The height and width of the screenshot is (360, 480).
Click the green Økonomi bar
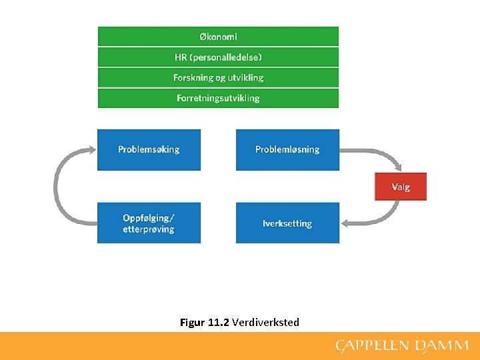coord(218,37)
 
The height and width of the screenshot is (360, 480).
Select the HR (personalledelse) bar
coord(218,57)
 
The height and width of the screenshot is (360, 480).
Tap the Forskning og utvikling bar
coord(218,77)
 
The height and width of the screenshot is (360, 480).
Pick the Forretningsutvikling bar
coord(218,98)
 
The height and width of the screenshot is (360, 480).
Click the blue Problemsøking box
coord(149,149)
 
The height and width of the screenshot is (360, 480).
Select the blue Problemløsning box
coord(287,149)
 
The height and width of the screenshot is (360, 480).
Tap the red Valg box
coord(401,187)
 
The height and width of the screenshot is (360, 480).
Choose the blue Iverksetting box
coord(287,223)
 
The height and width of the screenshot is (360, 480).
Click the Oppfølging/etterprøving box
coord(149,223)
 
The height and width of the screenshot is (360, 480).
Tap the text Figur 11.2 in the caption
coord(205,323)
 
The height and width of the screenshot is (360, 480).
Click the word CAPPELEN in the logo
coord(371,345)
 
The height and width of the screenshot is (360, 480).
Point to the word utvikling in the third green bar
coord(245,77)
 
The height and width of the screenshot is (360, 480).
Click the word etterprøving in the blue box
coord(148,229)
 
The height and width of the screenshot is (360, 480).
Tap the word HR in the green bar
coord(181,57)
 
